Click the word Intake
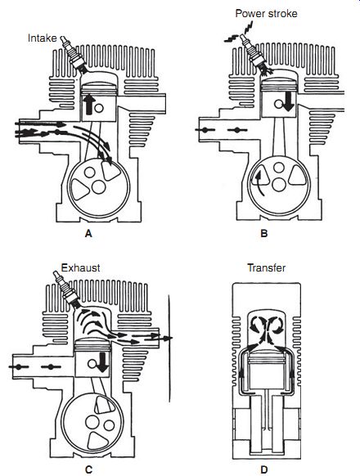43,38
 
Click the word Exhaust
80,267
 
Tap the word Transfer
267,267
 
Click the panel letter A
88,233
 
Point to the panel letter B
264,233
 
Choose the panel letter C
88,469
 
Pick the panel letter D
264,469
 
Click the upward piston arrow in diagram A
89,104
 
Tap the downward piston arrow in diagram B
288,101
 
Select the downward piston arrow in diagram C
103,362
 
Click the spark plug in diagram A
74,55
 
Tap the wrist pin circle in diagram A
99,108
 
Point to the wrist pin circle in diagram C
92,363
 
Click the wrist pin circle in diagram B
278,104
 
